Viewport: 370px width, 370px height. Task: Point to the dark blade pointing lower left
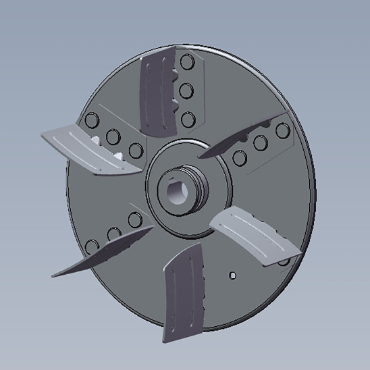pyautogui.click(x=101, y=253)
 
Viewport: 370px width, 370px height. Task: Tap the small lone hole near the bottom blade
pyautogui.click(x=232, y=275)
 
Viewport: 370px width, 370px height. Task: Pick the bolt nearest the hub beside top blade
pyautogui.click(x=188, y=119)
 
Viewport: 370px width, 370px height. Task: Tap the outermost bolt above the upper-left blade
pyautogui.click(x=93, y=122)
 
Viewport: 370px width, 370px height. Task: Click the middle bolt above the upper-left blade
pyautogui.click(x=113, y=136)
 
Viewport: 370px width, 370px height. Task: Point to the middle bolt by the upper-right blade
pyautogui.click(x=259, y=142)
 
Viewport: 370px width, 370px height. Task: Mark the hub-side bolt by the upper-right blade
pyautogui.click(x=238, y=159)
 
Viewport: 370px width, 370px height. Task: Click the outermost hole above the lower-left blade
pyautogui.click(x=92, y=246)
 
